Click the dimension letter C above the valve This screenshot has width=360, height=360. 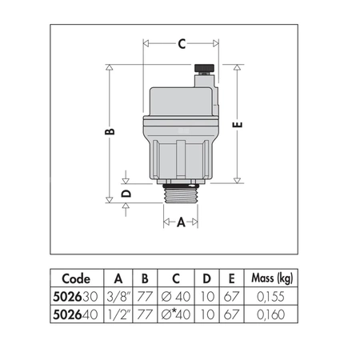[182, 45]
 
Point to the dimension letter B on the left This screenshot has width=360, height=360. [110, 130]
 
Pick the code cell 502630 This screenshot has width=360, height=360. [77, 296]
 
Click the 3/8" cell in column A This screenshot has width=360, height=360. [118, 296]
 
